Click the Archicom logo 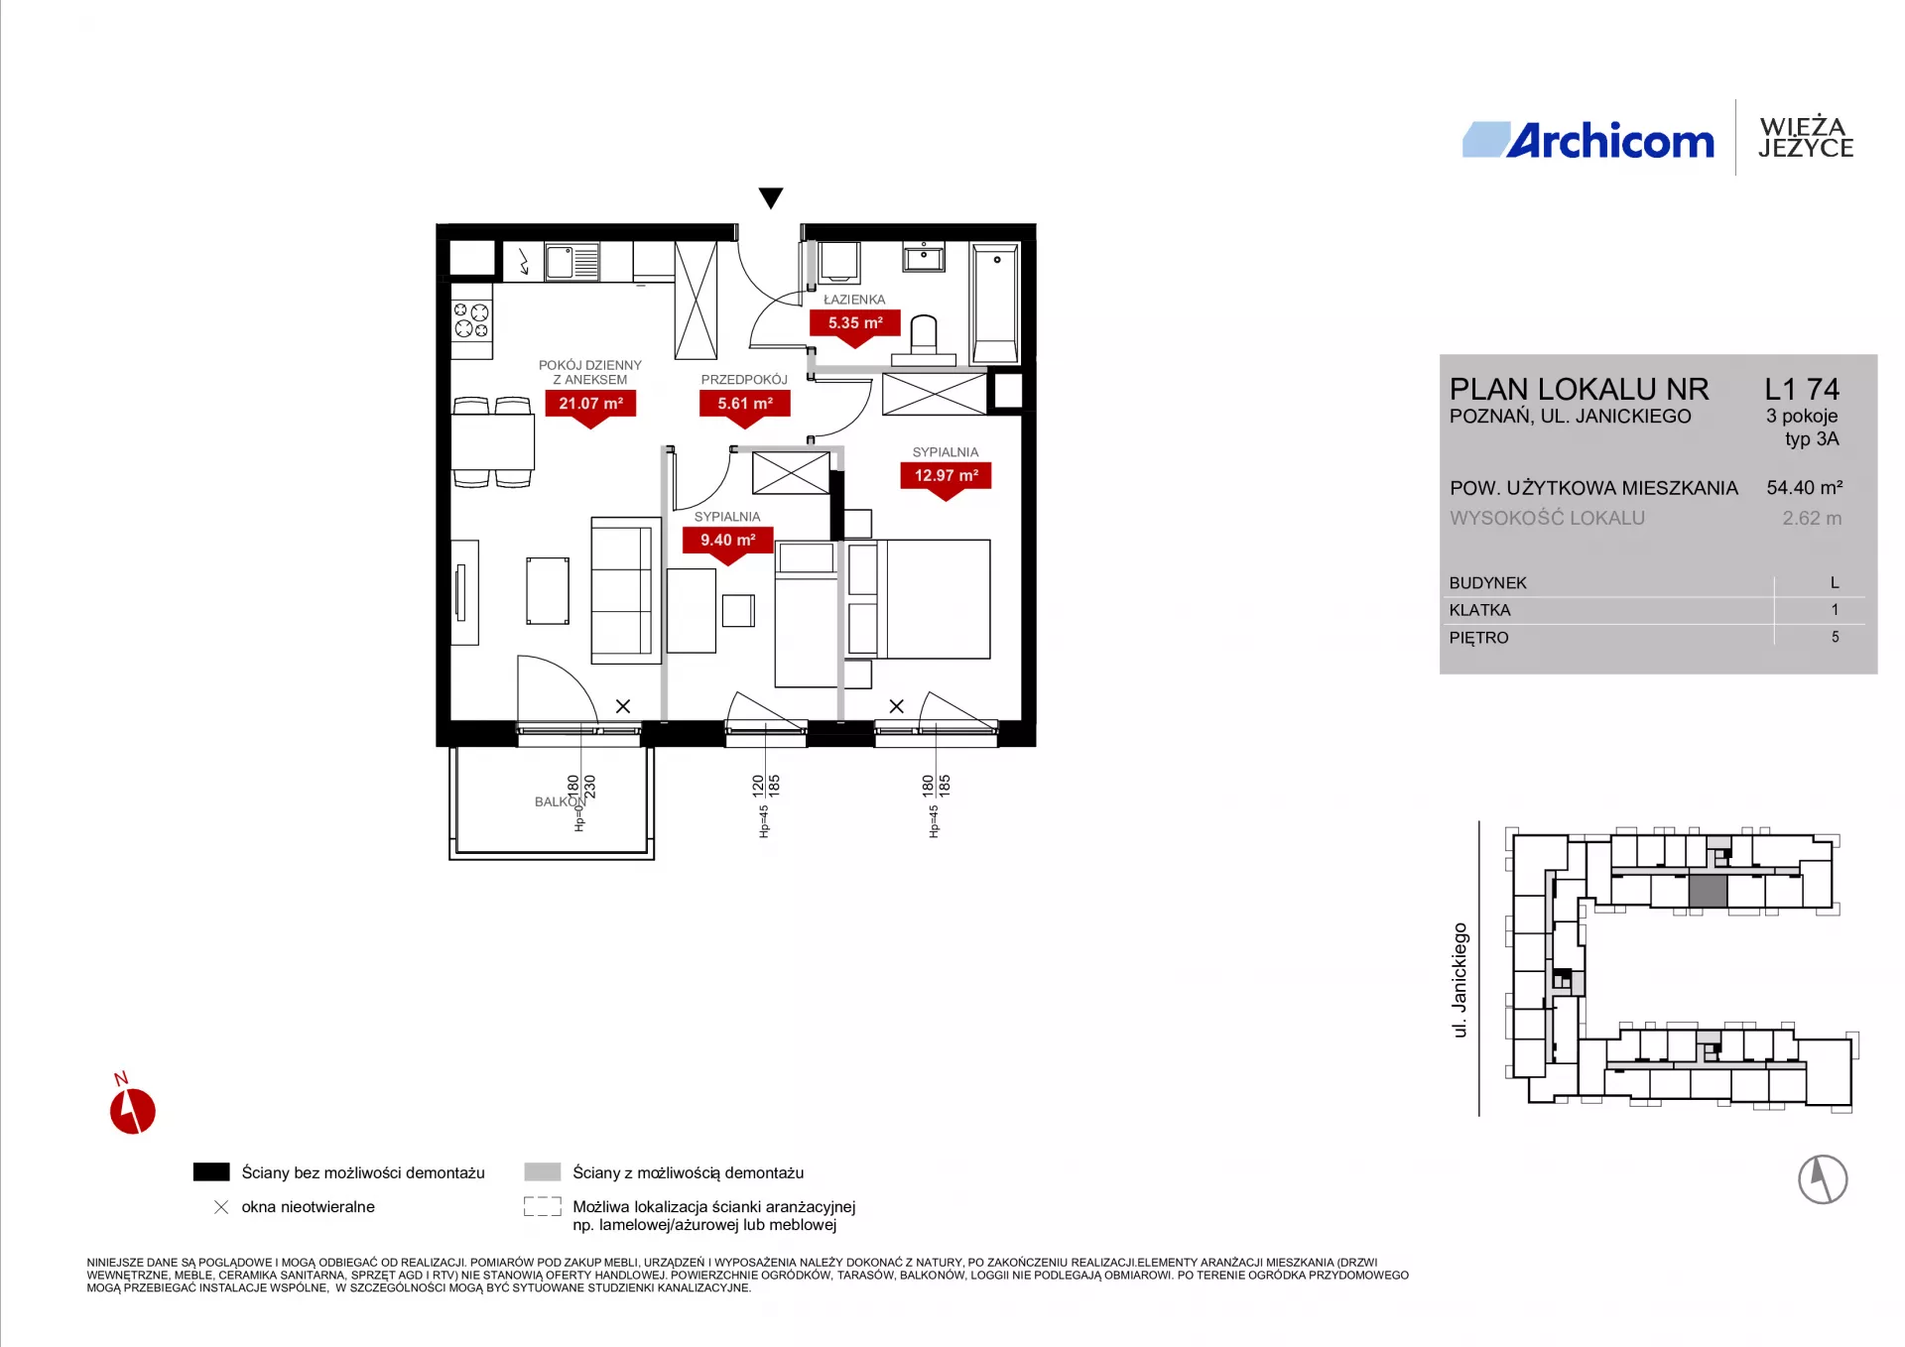[1587, 140]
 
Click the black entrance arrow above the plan [771, 198]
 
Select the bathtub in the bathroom [995, 303]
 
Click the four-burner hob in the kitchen [471, 320]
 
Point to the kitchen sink [571, 263]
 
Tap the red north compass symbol [132, 1109]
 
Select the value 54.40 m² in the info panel [1804, 488]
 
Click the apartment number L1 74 [1802, 389]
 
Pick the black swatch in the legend [211, 1171]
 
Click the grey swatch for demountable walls [543, 1171]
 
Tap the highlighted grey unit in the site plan [1708, 891]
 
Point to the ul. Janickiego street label [1460, 980]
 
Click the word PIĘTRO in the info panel [1478, 638]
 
